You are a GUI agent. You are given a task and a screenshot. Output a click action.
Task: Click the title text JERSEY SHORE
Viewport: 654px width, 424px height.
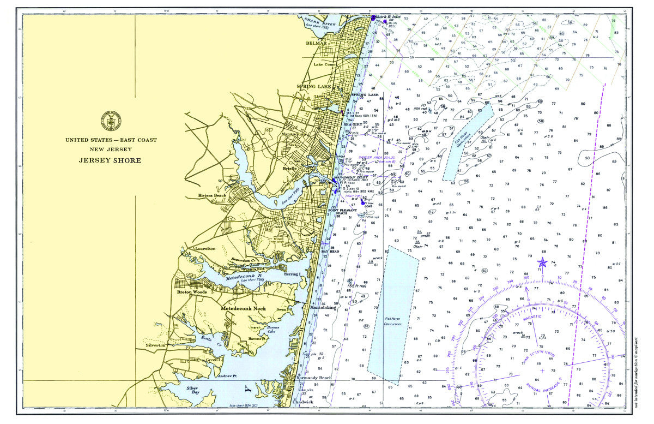[x=111, y=160]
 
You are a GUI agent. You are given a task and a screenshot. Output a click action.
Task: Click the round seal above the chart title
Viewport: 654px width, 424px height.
[x=111, y=122]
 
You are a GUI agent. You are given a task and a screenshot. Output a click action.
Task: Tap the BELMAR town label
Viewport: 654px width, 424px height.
[x=316, y=43]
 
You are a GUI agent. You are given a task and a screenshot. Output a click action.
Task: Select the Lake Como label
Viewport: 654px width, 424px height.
[x=324, y=65]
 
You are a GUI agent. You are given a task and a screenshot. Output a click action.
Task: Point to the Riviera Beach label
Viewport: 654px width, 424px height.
[x=212, y=195]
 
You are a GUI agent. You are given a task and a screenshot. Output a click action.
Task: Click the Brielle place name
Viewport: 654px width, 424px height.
[x=289, y=169]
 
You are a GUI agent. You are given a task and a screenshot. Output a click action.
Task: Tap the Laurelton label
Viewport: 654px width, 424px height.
[x=205, y=249]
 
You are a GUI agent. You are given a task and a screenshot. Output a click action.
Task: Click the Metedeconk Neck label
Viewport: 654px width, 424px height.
[x=243, y=309]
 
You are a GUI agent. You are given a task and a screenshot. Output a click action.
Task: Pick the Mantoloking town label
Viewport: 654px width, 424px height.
[x=323, y=307]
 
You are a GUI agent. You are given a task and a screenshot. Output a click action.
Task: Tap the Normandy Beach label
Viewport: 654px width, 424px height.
[x=313, y=378]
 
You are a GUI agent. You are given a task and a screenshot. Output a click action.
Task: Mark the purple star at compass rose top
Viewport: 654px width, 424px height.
[x=542, y=262]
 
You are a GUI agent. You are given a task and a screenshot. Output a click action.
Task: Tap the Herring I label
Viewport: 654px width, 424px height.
[x=292, y=274]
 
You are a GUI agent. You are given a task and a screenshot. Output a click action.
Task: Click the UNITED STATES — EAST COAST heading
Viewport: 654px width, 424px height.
[x=111, y=140]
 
